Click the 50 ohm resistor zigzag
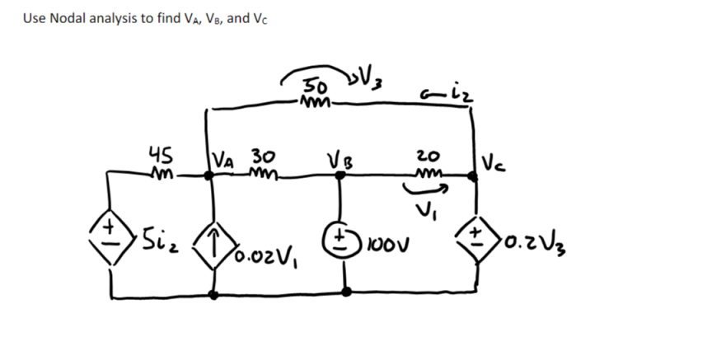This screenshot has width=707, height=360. click(316, 103)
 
